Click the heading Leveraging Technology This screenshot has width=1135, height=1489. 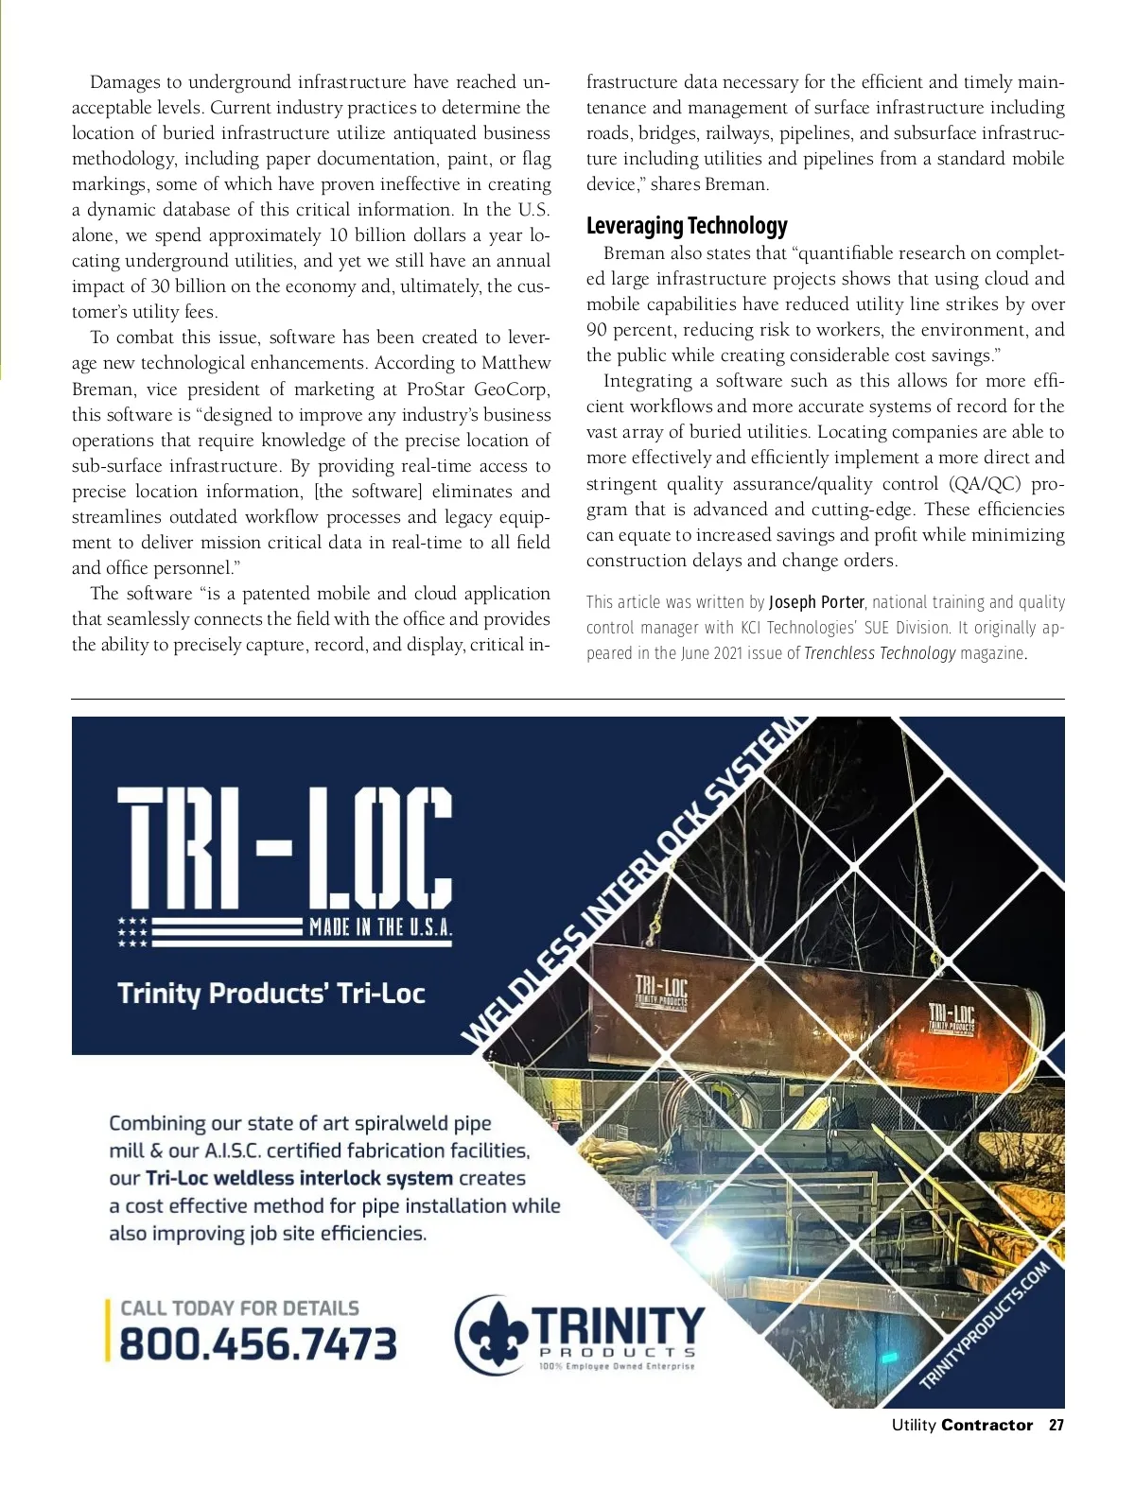point(687,226)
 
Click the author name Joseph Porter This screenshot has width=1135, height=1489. point(816,602)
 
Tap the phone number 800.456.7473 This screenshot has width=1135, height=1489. point(258,1343)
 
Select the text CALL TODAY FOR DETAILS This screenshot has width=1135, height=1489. point(239,1308)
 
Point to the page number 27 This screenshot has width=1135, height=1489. point(1056,1425)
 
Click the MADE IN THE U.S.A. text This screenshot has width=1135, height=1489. point(380,926)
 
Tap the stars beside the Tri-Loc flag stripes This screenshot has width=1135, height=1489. point(132,931)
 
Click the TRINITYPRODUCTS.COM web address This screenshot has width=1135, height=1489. point(987,1325)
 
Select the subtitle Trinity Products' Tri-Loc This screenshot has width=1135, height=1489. point(271,994)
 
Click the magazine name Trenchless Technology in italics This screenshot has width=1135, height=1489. point(880,653)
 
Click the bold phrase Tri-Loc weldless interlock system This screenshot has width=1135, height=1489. point(299,1178)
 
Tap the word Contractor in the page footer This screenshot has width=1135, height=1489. point(987,1425)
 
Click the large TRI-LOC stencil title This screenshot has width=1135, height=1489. point(285,846)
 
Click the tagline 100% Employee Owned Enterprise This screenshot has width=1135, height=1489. point(617,1366)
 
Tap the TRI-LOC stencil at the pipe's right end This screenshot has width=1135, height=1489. point(951,1017)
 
